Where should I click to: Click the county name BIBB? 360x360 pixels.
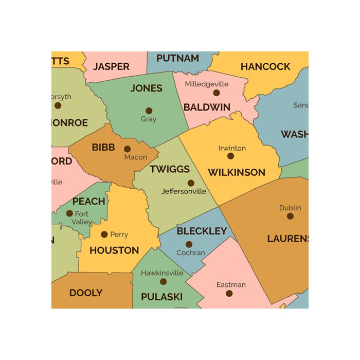point(103,148)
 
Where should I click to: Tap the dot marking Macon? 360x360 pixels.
point(127,149)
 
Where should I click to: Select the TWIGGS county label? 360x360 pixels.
point(170,169)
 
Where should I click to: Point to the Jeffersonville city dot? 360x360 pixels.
point(191,183)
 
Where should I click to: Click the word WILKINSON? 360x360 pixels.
point(237,173)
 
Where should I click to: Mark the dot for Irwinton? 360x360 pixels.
point(230,156)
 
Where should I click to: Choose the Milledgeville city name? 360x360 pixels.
point(207,84)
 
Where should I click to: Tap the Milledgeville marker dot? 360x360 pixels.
point(217,93)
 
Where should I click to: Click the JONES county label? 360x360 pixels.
point(146,88)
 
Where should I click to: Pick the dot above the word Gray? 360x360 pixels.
point(149,111)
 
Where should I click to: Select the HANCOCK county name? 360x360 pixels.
point(265,67)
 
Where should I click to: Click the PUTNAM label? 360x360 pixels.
point(177,59)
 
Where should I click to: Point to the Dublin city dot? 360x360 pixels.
point(290,216)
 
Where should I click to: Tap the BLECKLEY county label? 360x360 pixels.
point(202,231)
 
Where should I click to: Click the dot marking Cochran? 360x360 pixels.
point(189,244)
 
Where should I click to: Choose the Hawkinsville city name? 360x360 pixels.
point(162,273)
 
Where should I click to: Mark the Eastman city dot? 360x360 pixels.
point(229,294)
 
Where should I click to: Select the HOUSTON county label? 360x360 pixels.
point(114,251)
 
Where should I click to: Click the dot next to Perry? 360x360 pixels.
point(104,235)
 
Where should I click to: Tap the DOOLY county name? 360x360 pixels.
point(86,293)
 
